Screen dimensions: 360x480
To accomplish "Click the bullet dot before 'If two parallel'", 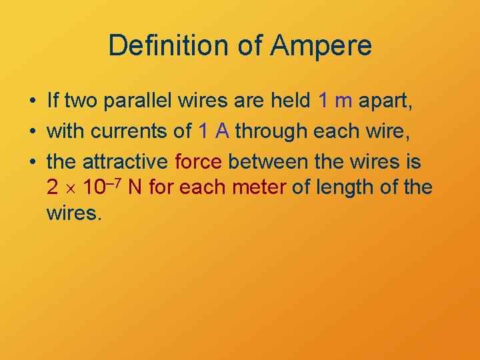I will coord(32,102).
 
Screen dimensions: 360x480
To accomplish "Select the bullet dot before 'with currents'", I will coord(32,131).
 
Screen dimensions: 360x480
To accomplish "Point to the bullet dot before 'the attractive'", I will coord(32,161).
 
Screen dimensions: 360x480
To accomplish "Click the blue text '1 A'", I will coord(213,131).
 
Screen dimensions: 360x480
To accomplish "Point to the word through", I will coord(267,131).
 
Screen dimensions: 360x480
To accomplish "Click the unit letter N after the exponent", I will coord(135,188).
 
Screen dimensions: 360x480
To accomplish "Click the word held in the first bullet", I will coord(289,101).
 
